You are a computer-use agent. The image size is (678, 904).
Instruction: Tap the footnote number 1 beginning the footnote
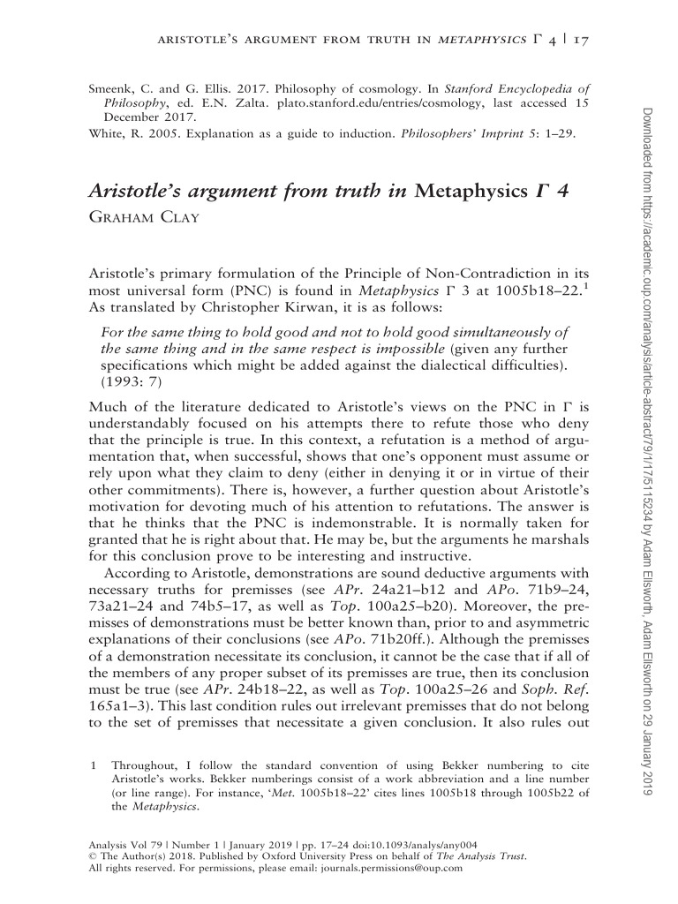[93, 762]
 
